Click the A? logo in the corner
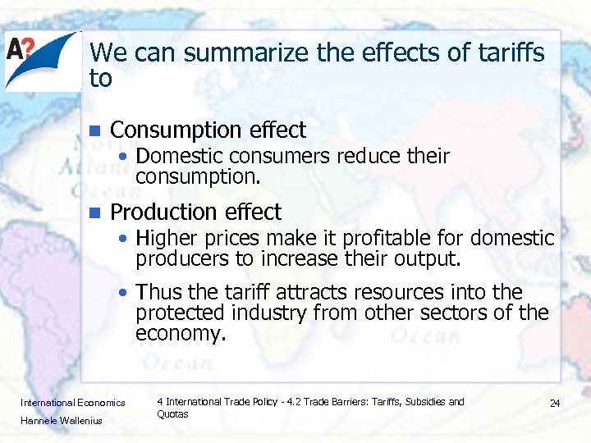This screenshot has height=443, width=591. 41,60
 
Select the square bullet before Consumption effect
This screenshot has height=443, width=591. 94,130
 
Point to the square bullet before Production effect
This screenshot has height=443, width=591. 94,212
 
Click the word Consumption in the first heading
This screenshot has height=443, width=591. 169,130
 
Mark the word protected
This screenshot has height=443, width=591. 181,313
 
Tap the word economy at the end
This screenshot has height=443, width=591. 179,334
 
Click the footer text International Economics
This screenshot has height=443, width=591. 73,403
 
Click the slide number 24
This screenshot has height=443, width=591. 555,404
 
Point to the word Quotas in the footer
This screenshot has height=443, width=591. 172,414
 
